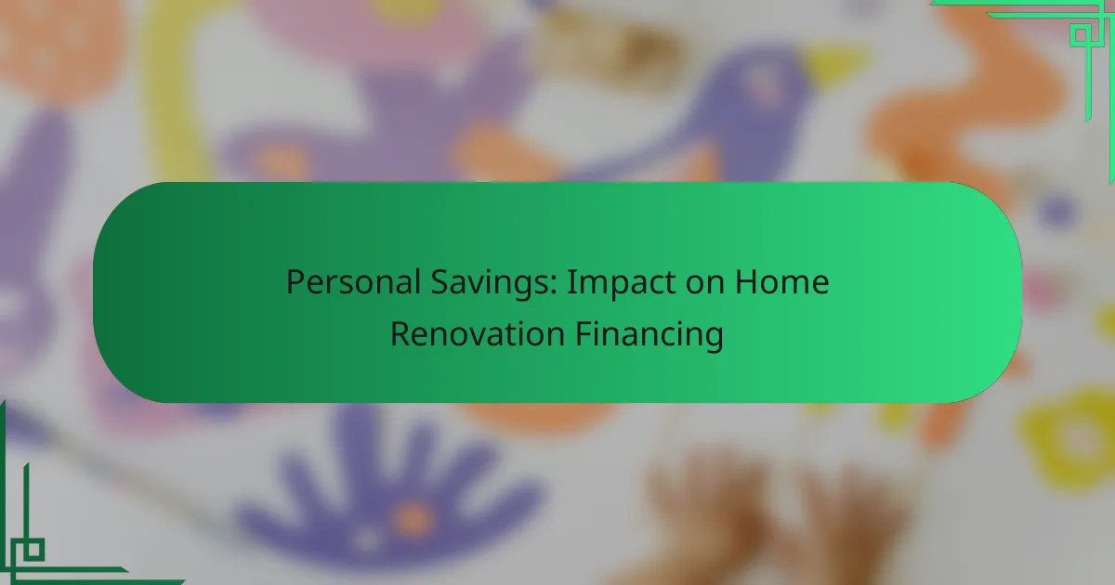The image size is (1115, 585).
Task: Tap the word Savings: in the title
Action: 493,283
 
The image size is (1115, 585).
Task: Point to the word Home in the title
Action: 782,282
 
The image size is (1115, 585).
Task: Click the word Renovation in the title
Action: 478,333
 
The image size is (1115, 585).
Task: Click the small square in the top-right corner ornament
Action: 1081,35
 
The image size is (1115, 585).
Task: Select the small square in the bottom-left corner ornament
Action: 33,550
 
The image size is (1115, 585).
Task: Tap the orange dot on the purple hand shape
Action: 413,517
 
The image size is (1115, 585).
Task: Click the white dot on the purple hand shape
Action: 367,539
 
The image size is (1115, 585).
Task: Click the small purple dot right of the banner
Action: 1057,211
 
